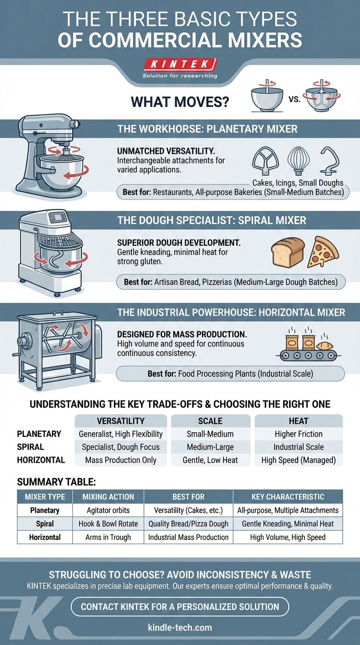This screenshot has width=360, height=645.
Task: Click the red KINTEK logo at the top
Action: [180, 64]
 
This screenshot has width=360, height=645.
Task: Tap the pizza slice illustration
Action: [323, 252]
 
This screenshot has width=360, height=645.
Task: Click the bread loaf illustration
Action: [288, 251]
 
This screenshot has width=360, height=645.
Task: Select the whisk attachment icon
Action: [299, 161]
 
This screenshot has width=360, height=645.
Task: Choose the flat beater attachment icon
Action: [265, 161]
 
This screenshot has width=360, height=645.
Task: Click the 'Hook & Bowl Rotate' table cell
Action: [108, 524]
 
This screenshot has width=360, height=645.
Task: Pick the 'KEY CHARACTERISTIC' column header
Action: [288, 497]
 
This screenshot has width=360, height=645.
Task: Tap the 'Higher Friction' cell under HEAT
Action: [299, 434]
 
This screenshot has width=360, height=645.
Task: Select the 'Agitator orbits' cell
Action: [108, 510]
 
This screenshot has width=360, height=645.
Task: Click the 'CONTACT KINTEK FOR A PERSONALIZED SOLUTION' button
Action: [180, 607]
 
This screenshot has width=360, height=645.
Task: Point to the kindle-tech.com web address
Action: [180, 628]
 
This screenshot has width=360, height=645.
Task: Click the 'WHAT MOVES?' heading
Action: [180, 102]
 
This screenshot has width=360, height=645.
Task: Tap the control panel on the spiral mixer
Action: [59, 217]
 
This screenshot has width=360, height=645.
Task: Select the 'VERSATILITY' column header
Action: [120, 421]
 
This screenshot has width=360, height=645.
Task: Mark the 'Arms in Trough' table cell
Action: [108, 537]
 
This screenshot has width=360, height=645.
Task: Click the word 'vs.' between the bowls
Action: [294, 99]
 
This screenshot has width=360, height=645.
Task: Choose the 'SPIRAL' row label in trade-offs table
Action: [30, 447]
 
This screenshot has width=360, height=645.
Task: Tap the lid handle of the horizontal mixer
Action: [58, 313]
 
